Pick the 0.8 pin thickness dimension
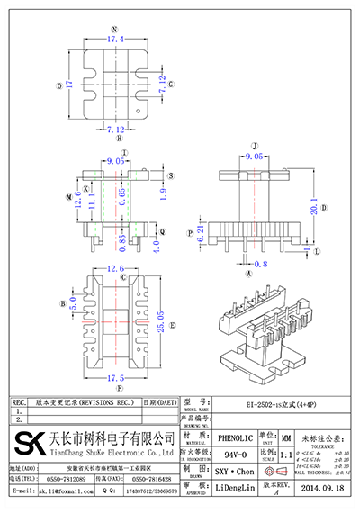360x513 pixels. pos(262,264)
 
